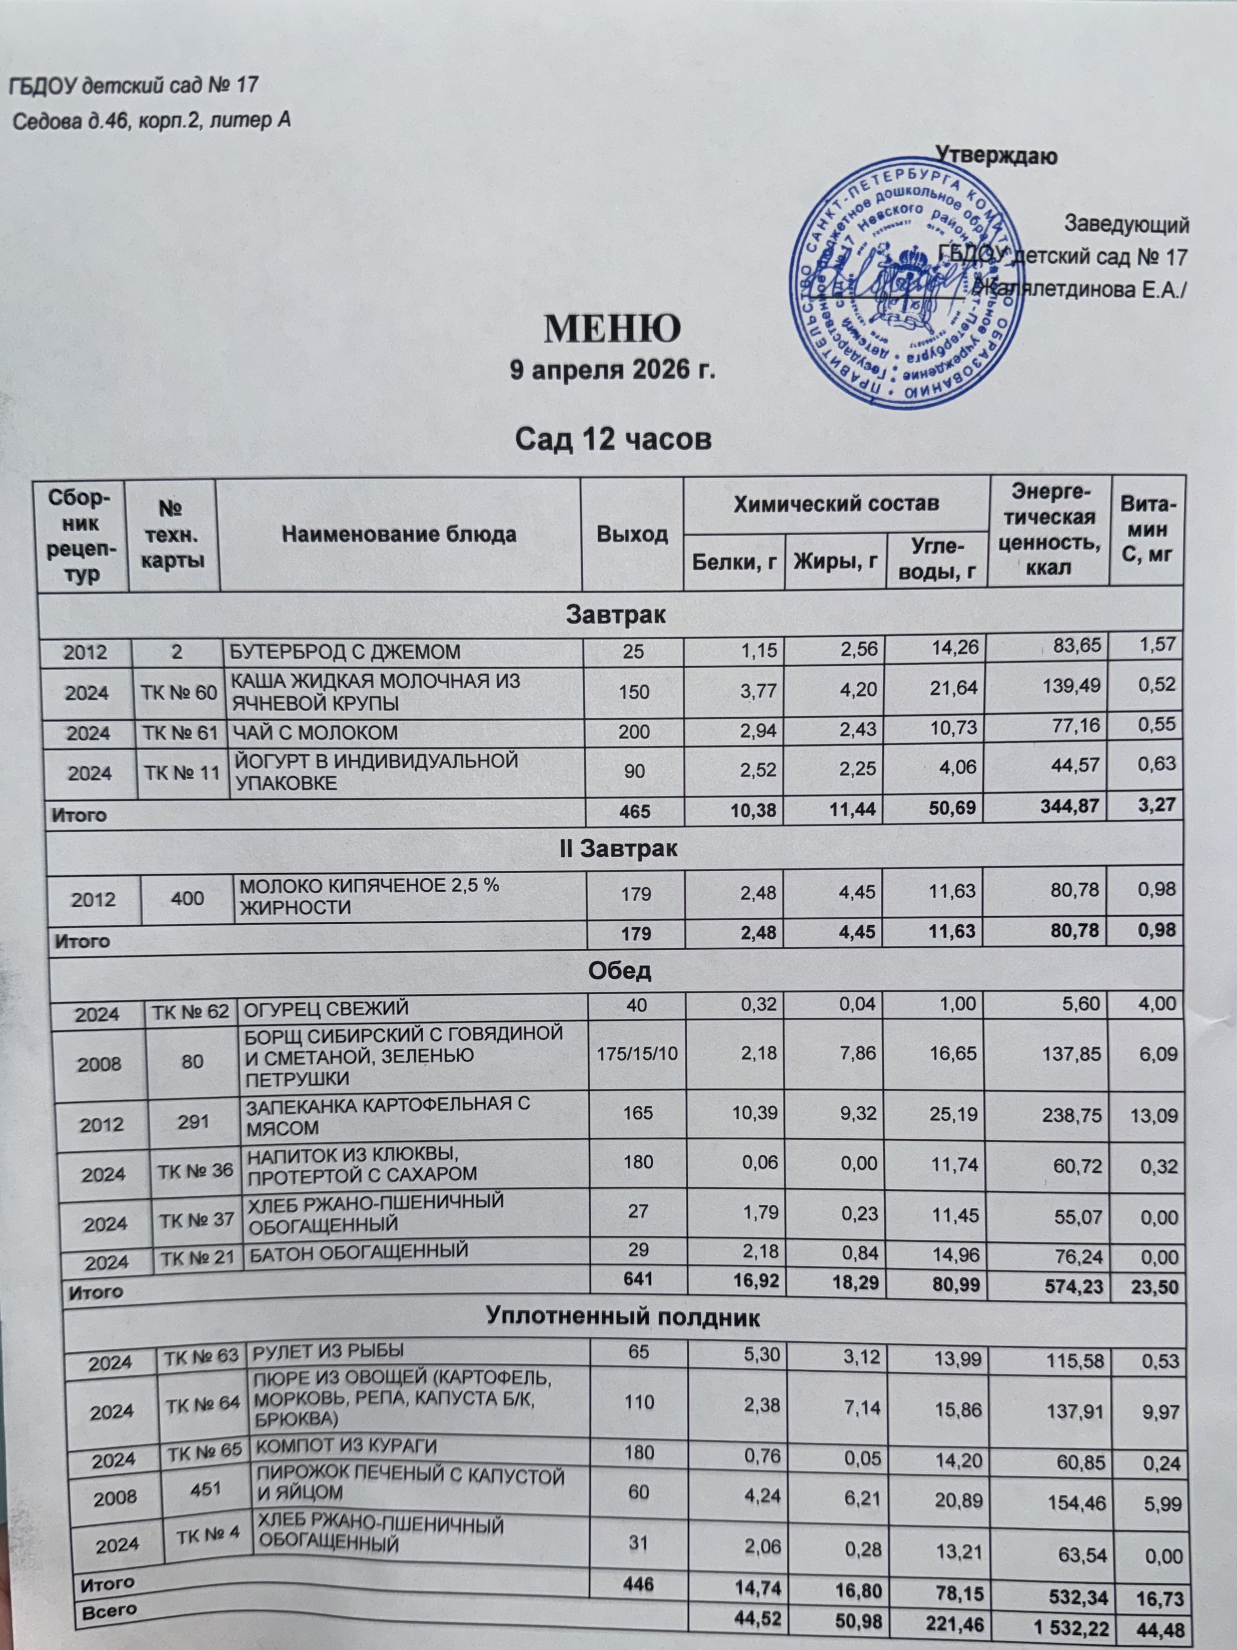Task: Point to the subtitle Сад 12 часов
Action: click(614, 440)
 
